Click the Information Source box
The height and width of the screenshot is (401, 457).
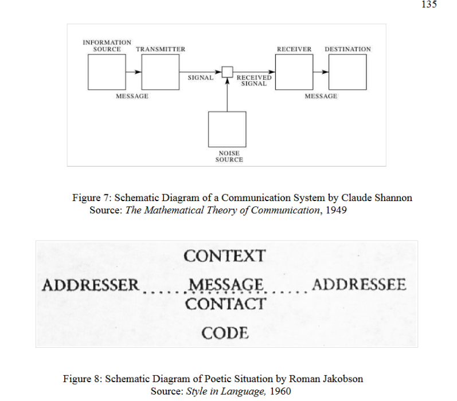tap(107, 72)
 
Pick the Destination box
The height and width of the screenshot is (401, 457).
tap(347, 72)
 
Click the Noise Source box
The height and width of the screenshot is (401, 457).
tap(227, 129)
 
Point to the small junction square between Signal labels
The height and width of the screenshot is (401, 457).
tap(227, 72)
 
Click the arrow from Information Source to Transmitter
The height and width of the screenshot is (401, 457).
tap(134, 72)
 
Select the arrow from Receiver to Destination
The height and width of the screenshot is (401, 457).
tap(321, 72)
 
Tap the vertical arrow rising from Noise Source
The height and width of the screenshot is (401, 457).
tap(227, 95)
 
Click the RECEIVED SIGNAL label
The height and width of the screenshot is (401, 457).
tap(254, 80)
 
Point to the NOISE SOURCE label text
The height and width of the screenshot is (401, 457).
tap(229, 156)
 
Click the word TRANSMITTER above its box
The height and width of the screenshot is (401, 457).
tap(161, 49)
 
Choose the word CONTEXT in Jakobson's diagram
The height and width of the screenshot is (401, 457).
tap(225, 255)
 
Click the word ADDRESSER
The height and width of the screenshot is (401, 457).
tap(91, 285)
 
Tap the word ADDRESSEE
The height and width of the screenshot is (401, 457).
tap(359, 284)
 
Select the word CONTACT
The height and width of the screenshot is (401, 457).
tap(225, 303)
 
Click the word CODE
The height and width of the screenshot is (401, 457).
tap(225, 332)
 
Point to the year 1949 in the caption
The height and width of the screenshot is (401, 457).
tap(336, 210)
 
